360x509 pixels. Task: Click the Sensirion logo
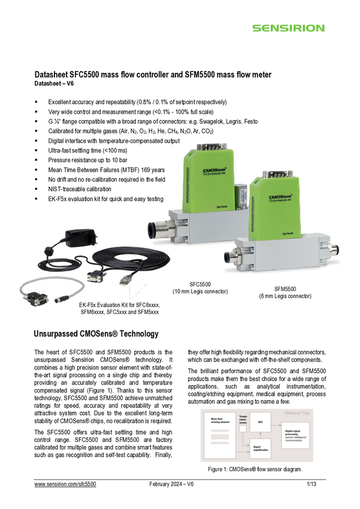click(288, 28)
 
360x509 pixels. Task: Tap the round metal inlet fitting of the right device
click(230, 258)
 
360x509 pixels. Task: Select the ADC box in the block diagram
click(260, 422)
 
